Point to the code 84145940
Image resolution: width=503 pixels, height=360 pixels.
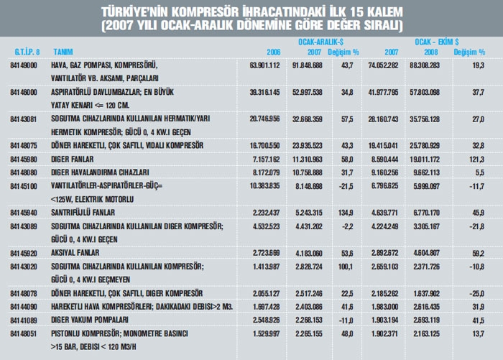24,213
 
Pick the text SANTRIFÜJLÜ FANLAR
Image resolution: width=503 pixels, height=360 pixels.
86,213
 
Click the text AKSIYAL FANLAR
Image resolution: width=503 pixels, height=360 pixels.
77,254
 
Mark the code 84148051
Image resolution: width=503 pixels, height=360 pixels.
24,333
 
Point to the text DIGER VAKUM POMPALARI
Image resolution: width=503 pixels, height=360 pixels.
90,320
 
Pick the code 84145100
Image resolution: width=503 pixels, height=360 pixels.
24,185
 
